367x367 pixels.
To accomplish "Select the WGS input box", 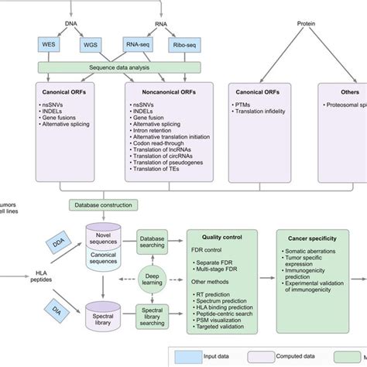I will (90, 45).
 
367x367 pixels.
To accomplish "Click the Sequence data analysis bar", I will (118, 68).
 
